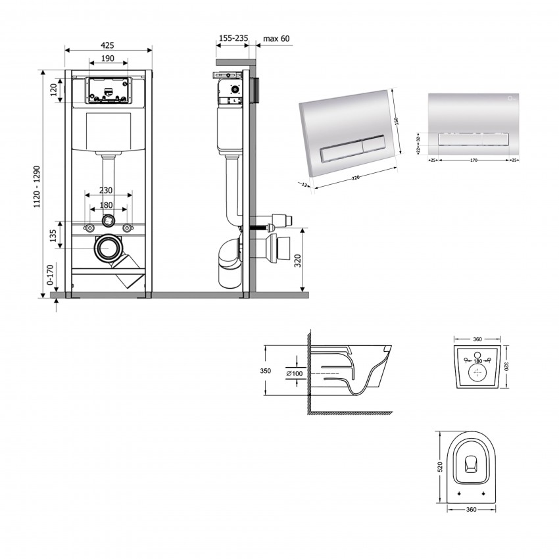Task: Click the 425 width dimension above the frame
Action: [109, 45]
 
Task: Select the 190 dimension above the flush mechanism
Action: [109, 59]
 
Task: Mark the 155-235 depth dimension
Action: [232, 39]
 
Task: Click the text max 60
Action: [276, 39]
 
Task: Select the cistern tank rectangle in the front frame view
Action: [109, 132]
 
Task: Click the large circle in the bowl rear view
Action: [477, 374]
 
